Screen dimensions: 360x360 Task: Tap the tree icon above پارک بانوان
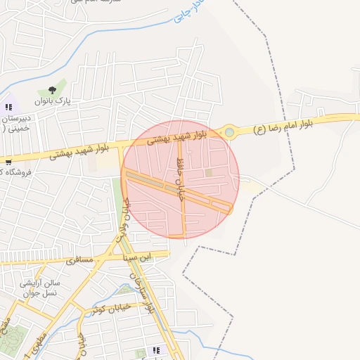point(52,90)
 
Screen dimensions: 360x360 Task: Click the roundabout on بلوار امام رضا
point(229,131)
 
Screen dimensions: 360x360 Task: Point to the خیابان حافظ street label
point(179,179)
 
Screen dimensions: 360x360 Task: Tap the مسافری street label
point(79,259)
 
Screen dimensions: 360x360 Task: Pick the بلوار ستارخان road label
point(147,292)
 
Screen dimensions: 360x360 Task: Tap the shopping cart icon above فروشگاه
point(8,161)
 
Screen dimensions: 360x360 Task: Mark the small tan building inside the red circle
point(208,172)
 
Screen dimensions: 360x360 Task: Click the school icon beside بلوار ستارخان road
point(156,349)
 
